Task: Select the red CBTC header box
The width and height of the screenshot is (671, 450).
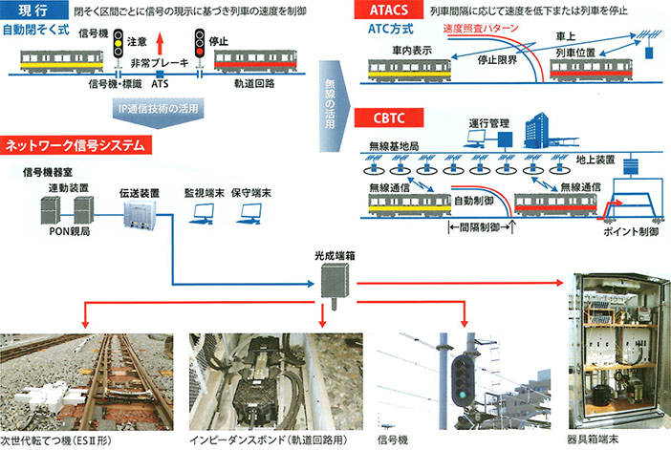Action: click(x=380, y=118)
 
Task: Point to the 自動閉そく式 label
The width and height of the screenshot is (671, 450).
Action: click(x=37, y=30)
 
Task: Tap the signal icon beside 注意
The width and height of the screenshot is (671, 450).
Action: click(x=118, y=42)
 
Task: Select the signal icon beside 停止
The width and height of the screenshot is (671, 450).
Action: click(x=199, y=42)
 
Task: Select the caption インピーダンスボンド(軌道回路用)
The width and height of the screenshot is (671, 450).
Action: click(x=258, y=440)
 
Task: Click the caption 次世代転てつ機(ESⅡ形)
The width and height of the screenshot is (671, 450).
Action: click(x=62, y=440)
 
